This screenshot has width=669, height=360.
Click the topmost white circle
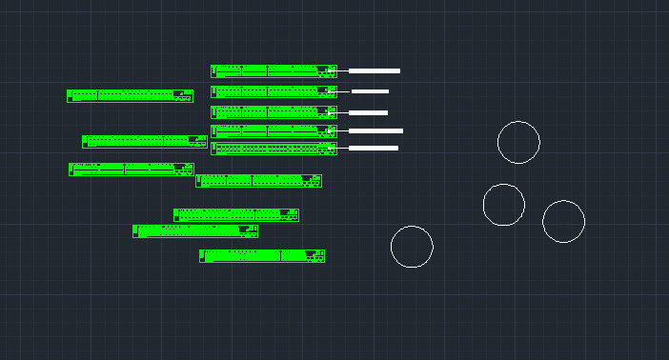click(518, 142)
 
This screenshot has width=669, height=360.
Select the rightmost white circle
click(563, 221)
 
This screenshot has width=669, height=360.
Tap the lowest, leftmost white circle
click(412, 247)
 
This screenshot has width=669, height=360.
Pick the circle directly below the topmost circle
click(503, 205)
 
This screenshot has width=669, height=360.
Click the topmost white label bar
click(374, 70)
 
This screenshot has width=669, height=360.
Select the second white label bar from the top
click(370, 91)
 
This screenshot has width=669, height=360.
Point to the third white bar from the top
click(368, 112)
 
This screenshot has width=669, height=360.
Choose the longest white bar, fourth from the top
click(375, 130)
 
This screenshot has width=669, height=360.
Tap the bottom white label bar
click(373, 148)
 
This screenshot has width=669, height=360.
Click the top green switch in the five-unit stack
click(274, 70)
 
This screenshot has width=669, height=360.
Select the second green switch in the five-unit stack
click(274, 91)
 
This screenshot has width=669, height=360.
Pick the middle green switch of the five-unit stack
click(274, 112)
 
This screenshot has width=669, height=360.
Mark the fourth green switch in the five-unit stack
click(274, 131)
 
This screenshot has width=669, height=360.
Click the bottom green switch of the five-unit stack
click(274, 149)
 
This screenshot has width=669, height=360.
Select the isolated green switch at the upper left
click(130, 95)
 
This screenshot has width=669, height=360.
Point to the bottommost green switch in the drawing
click(262, 255)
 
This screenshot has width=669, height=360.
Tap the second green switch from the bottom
click(195, 230)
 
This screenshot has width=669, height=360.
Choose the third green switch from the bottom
click(236, 215)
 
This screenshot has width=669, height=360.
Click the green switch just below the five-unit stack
click(258, 180)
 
